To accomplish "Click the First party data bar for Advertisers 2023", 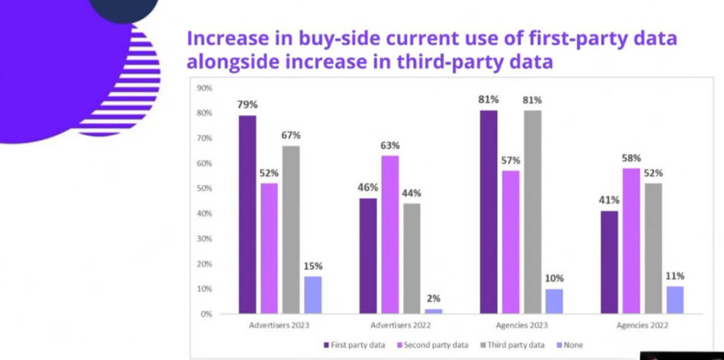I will point(247,214).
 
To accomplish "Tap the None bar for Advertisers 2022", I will point(433,310).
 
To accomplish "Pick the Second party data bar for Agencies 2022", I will point(631,240).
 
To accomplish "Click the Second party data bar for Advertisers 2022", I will point(390,234).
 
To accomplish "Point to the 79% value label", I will point(247,104).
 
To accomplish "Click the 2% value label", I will point(433,298).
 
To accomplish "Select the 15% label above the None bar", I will point(313,266).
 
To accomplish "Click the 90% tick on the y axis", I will point(204,88).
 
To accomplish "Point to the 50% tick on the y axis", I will point(204,188).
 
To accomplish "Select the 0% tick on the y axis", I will point(206,313).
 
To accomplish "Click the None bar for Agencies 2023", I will point(554,301).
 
